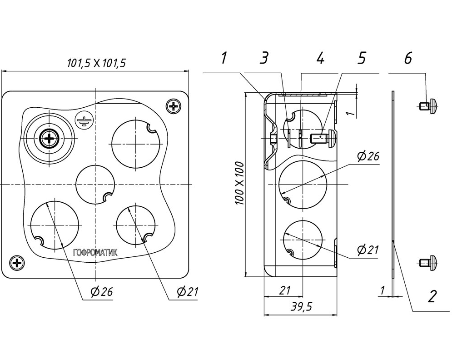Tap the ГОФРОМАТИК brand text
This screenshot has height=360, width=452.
(95, 253)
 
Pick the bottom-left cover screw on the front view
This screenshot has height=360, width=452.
(17, 263)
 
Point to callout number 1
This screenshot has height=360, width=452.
(224, 58)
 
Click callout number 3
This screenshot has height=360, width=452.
(264, 58)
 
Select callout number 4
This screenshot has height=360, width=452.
(320, 58)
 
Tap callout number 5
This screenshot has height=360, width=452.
(362, 58)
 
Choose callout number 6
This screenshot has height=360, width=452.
(408, 58)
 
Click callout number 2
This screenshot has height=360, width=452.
(432, 296)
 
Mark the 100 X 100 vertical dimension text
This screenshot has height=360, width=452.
(240, 184)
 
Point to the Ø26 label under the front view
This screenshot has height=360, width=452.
(101, 292)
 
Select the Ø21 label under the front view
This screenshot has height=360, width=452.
(188, 292)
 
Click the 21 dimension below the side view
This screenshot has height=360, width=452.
(285, 290)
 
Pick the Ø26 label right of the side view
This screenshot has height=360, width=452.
(368, 156)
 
